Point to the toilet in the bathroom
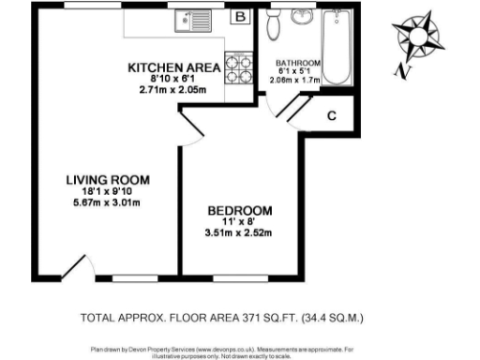click(x=273, y=26)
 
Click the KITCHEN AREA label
click(x=173, y=67)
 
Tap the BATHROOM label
click(x=298, y=64)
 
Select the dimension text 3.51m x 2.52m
click(x=239, y=233)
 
